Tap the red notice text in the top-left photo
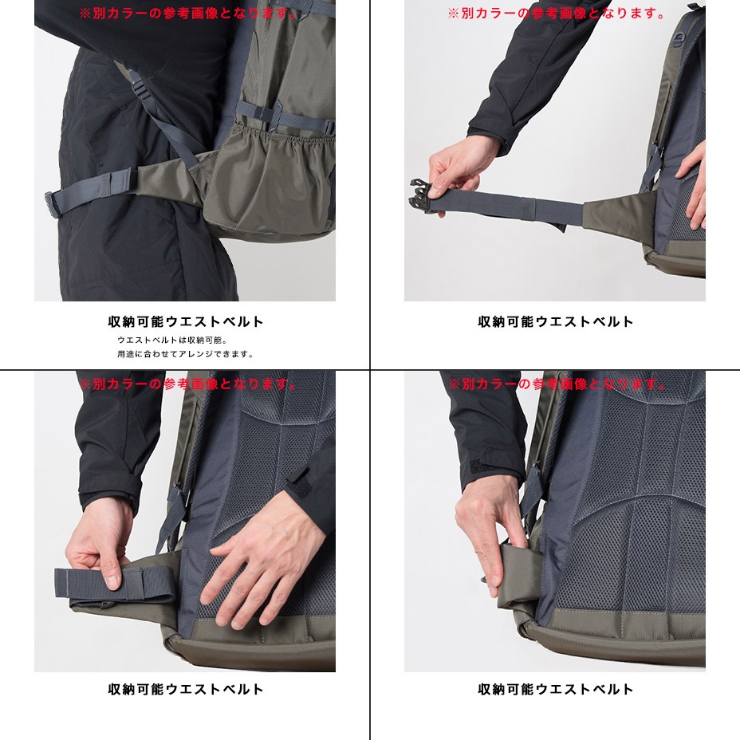[x=188, y=14]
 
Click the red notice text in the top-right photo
[x=557, y=14]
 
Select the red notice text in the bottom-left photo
[x=188, y=384]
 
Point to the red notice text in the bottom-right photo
[x=557, y=384]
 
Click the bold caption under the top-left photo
[x=186, y=322]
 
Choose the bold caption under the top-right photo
[x=556, y=322]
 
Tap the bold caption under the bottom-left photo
[x=186, y=689]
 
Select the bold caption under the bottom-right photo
[x=556, y=689]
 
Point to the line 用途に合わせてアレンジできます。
[x=186, y=354]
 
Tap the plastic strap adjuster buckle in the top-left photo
[x=140, y=89]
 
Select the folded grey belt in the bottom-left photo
[x=115, y=586]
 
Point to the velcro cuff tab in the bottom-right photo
[x=484, y=467]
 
